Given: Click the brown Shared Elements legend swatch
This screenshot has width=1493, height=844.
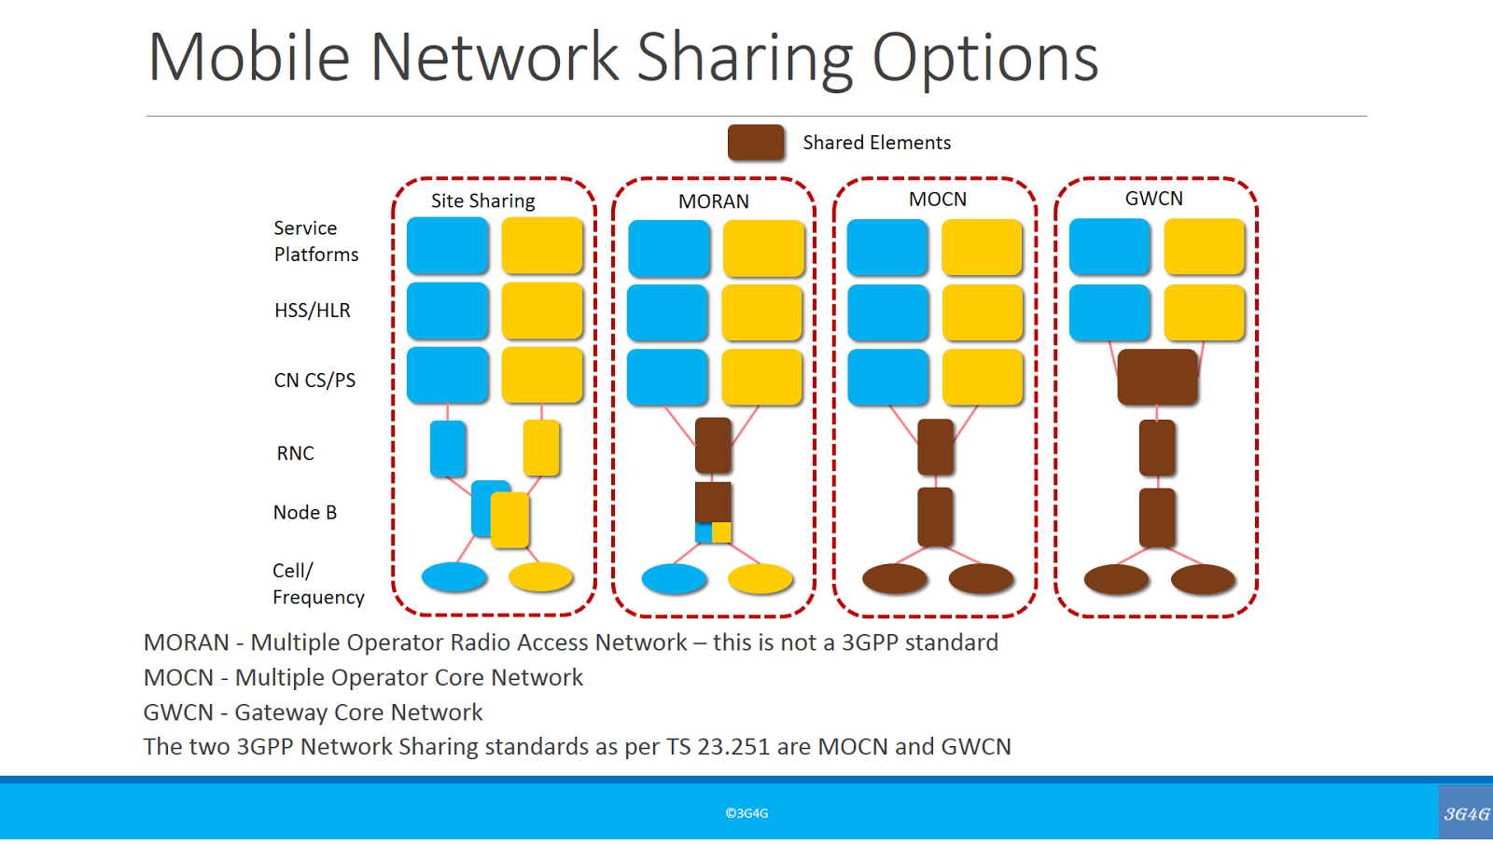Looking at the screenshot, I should point(755,143).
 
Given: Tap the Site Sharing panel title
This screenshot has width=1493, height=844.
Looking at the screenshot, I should point(482,201).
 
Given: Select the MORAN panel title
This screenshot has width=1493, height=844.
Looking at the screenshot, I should point(713,201).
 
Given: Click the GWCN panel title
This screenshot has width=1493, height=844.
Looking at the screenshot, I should point(1153,199).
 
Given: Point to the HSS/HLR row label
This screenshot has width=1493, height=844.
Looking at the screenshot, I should point(312,311).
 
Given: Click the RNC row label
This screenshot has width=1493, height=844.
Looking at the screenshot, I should point(295,453).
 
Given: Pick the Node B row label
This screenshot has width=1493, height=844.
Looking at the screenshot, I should point(304,513).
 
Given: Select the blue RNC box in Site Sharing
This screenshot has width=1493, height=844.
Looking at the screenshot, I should point(448,449).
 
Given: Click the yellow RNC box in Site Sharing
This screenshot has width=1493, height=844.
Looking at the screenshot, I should point(541,448).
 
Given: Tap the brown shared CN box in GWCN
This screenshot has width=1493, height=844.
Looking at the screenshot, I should point(1157,377).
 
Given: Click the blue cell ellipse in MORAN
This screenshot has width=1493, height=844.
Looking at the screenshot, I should point(674,579).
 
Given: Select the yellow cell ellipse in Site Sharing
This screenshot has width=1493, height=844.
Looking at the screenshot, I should point(540,577).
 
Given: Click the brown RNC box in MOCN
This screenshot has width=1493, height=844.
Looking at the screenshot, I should point(935,447).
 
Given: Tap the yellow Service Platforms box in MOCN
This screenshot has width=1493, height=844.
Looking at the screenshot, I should point(982,247).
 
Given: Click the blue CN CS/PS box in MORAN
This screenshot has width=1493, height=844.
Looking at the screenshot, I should point(667,377).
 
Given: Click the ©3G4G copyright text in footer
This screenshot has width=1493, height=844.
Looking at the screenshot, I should point(746,813).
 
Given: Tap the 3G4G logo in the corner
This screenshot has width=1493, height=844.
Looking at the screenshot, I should point(1466,813).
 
